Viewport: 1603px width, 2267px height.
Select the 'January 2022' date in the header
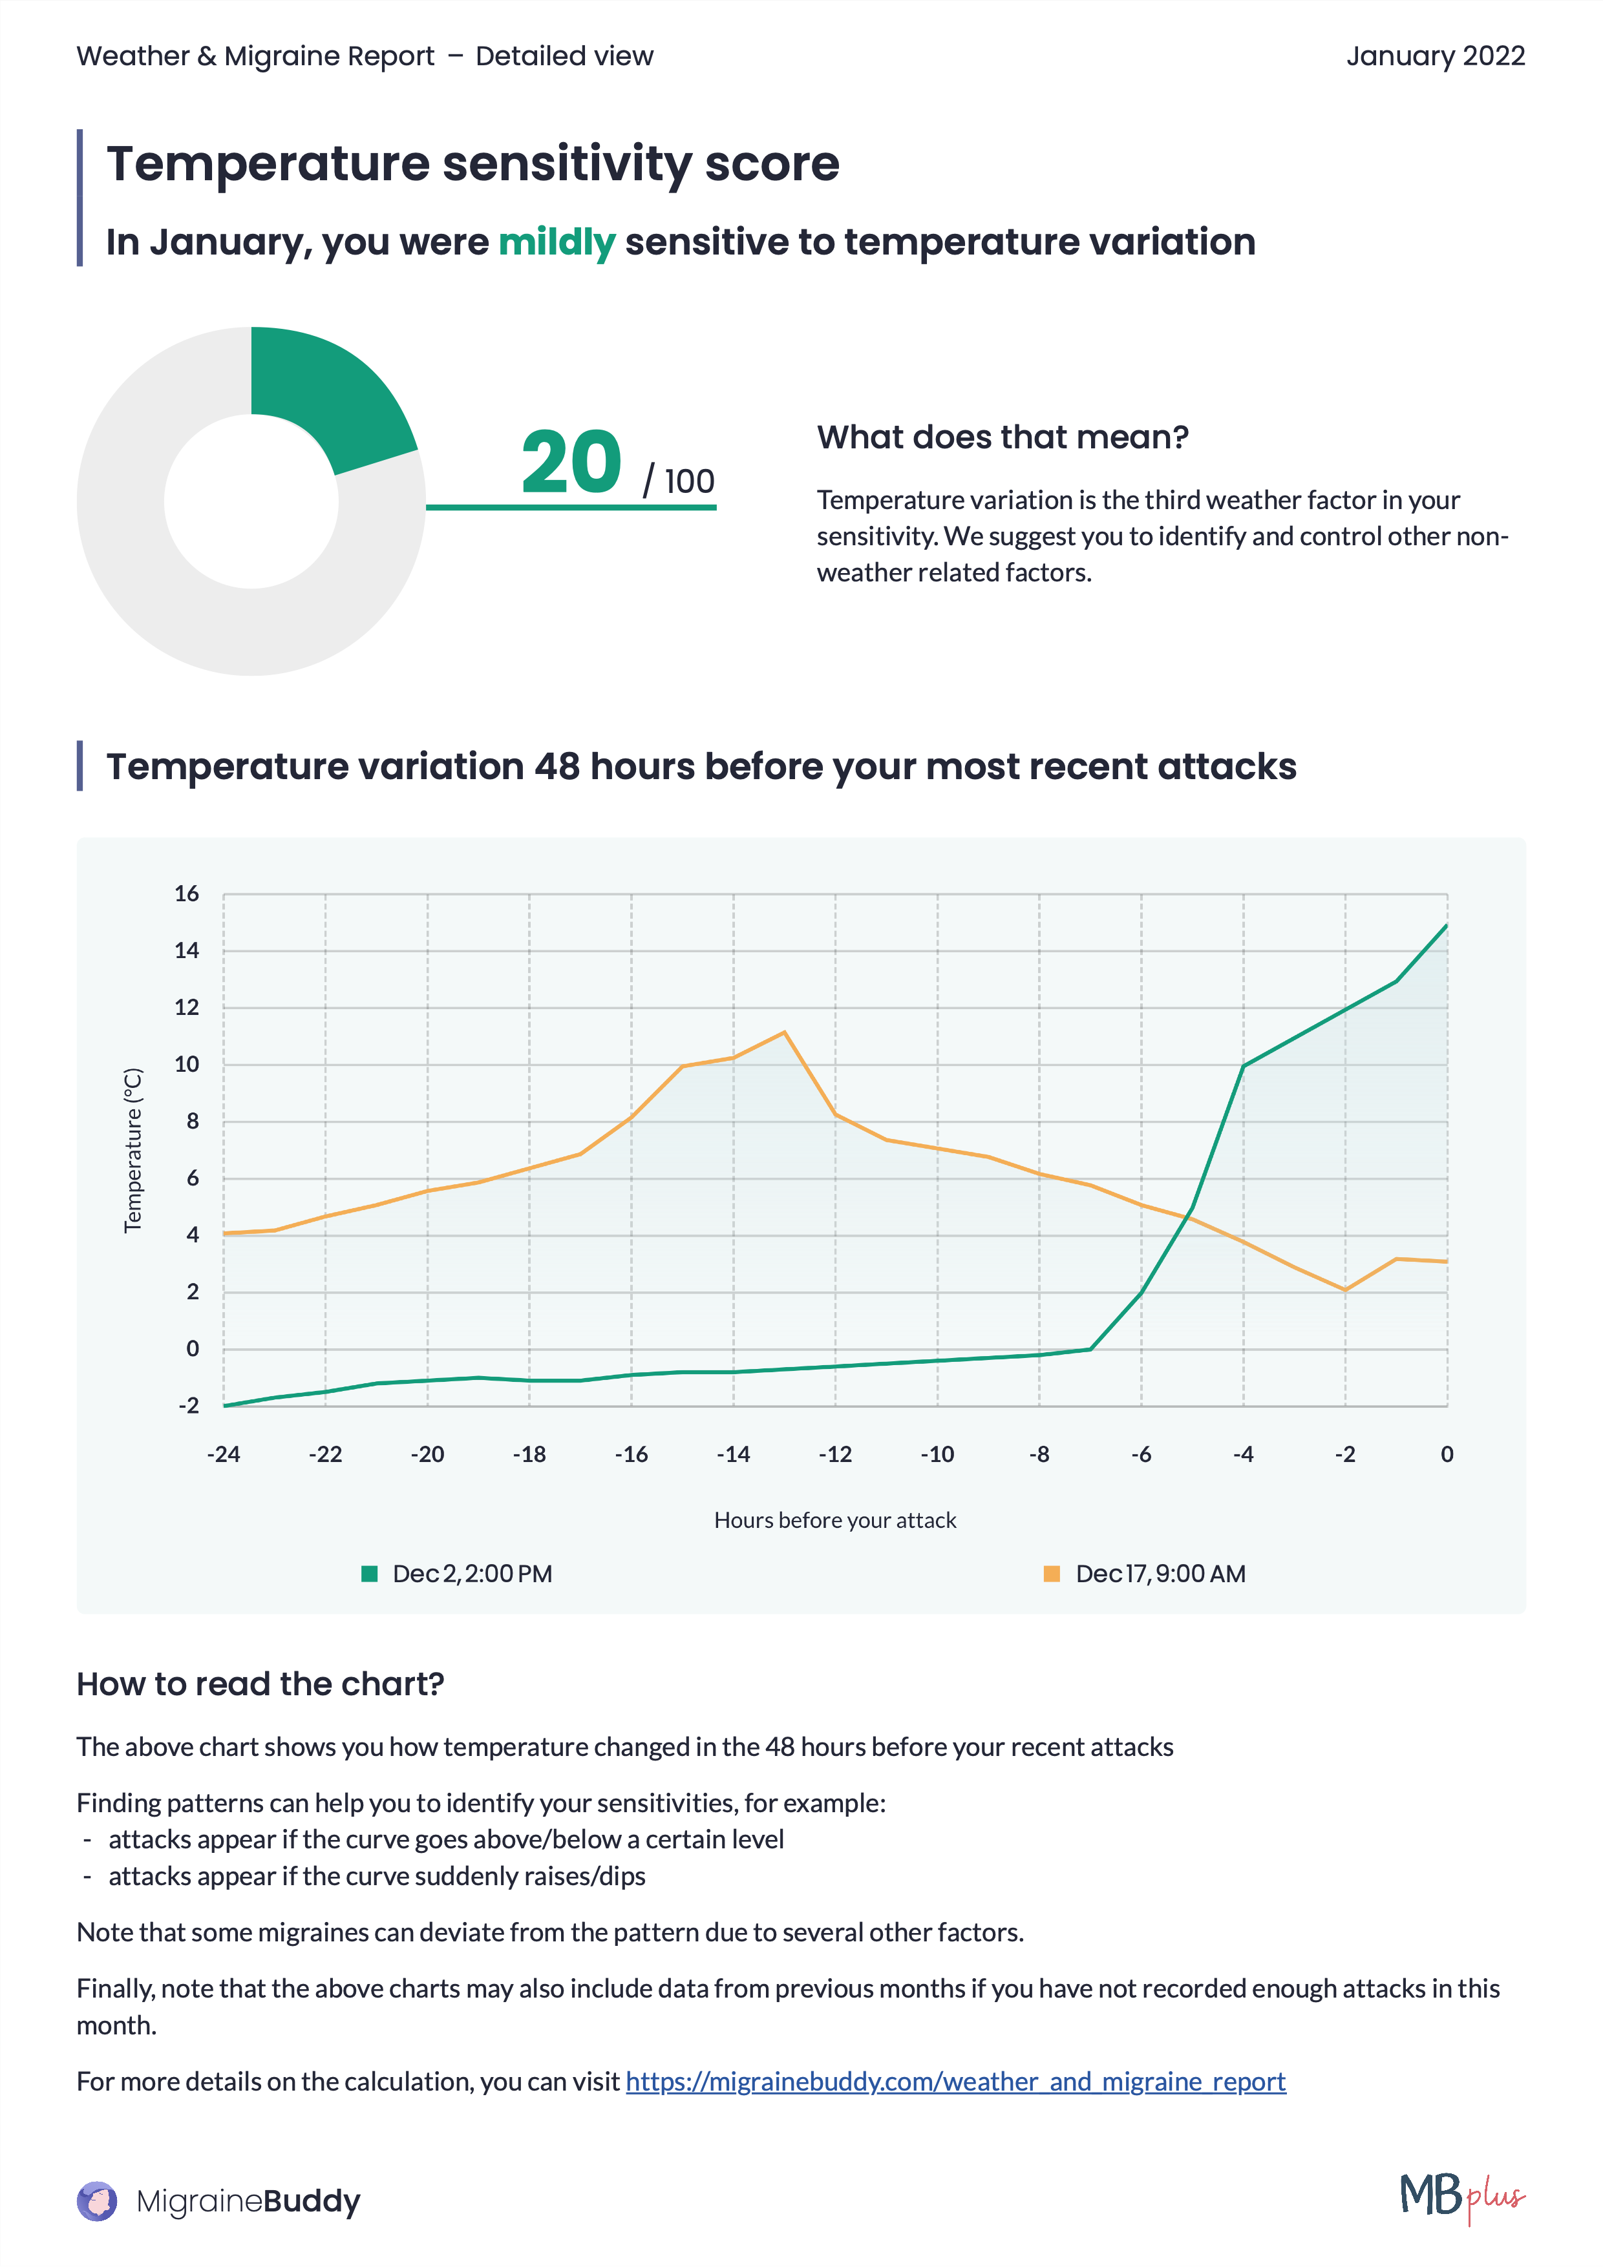tap(1434, 56)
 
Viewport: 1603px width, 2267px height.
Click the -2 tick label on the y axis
tap(187, 1405)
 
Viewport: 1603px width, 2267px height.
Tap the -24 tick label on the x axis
tap(223, 1454)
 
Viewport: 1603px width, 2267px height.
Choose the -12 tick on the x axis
tap(834, 1454)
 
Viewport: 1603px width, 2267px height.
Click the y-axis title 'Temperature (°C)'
tap(133, 1150)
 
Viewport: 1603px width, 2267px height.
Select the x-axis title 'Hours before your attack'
tap(834, 1521)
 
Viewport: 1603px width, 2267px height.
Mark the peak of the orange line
tap(784, 1033)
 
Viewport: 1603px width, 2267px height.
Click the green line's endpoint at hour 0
tap(1446, 925)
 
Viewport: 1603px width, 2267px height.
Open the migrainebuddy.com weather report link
tap(955, 2082)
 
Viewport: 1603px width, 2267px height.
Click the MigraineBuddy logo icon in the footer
tap(97, 2201)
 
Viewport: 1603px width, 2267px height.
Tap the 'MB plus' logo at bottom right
tap(1461, 2196)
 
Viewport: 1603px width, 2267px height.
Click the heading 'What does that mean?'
tap(1003, 437)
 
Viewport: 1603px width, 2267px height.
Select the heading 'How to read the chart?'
tap(260, 1684)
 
